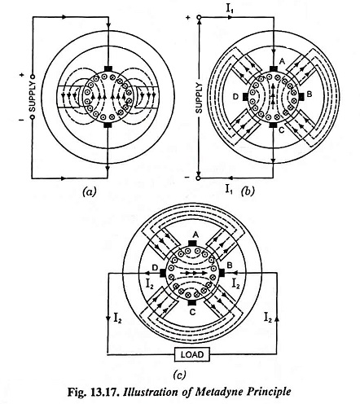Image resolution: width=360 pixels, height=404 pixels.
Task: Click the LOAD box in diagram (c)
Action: [192, 354]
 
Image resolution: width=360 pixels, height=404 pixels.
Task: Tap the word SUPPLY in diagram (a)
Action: [33, 97]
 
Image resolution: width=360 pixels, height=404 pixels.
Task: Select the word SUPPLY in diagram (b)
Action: [199, 98]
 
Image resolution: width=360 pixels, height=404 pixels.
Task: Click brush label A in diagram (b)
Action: [282, 61]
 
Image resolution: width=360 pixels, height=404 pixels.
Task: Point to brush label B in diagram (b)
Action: [310, 94]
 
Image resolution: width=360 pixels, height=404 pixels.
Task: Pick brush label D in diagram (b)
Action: [236, 96]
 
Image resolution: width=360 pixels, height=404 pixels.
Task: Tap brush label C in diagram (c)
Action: [192, 312]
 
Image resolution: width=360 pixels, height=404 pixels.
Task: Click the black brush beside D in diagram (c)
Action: [163, 273]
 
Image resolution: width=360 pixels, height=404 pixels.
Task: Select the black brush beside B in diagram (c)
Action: [222, 273]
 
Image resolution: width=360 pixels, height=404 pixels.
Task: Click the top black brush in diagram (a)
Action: [108, 68]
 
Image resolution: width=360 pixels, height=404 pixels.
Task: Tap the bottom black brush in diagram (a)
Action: [108, 125]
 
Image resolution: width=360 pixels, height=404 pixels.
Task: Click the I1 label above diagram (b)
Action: [230, 9]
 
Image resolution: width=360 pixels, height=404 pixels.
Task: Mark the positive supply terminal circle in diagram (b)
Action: [199, 18]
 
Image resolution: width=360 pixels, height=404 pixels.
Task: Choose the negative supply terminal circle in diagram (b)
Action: [199, 178]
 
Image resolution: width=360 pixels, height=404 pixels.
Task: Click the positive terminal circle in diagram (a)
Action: [33, 77]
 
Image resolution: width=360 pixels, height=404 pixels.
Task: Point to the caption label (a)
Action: [89, 191]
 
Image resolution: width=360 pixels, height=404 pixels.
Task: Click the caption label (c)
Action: [179, 375]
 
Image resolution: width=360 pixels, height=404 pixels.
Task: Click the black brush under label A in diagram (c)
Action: [192, 243]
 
